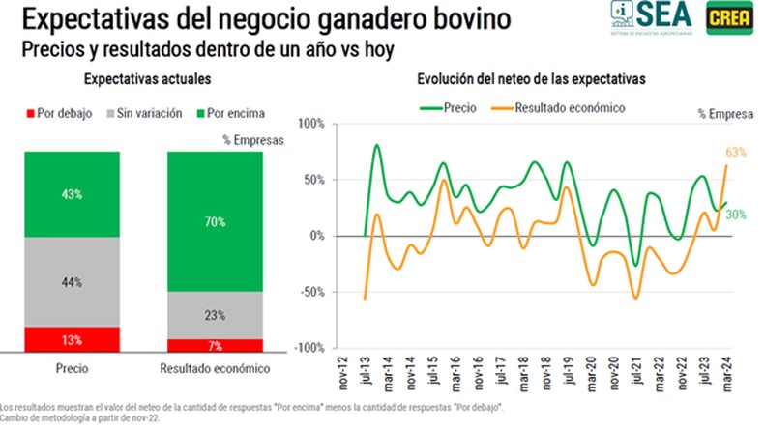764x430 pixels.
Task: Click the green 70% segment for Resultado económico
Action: point(215,221)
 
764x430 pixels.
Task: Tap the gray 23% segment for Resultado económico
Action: point(215,314)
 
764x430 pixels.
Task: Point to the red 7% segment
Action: point(215,346)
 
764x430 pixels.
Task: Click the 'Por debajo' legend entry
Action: point(60,114)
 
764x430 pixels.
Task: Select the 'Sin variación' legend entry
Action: point(145,114)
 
